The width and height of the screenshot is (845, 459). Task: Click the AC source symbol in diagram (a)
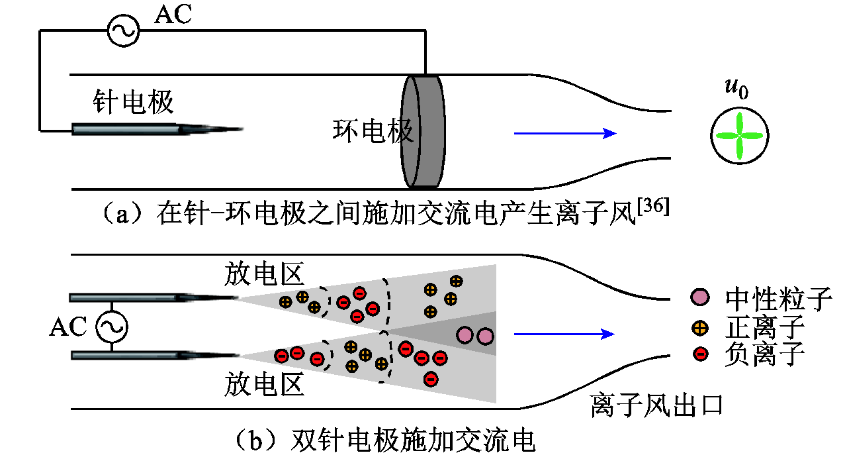123,31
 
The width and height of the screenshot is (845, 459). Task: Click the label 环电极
372,131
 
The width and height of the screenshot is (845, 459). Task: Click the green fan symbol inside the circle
738,136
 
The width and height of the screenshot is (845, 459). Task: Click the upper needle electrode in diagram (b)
152,297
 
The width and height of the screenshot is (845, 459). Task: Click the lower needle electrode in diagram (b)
152,356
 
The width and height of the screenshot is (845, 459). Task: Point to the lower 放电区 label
264,384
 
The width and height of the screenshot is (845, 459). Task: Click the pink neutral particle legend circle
699,298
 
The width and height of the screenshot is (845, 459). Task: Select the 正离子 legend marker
699,327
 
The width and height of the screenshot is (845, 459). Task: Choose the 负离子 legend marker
699,354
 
